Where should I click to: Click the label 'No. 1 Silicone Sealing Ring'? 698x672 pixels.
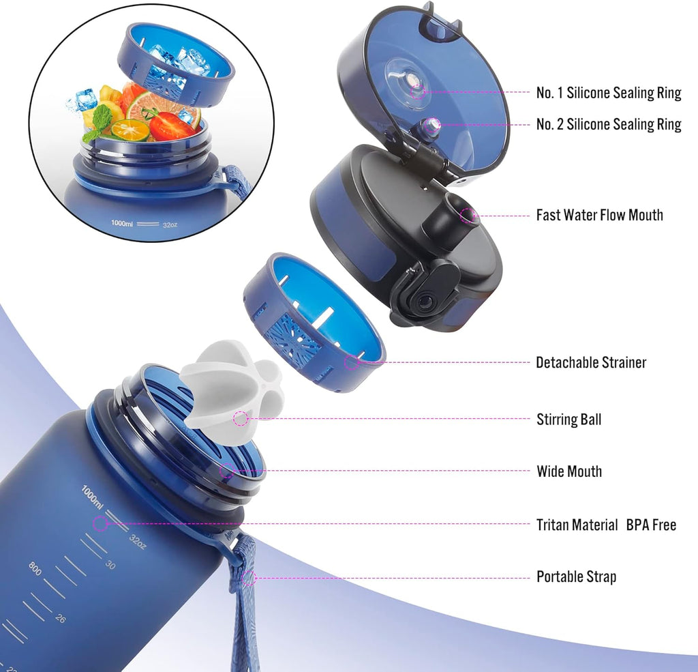click(x=609, y=93)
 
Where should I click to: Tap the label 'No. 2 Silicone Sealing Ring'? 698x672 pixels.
click(x=609, y=124)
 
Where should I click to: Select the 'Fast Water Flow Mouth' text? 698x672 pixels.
click(x=599, y=215)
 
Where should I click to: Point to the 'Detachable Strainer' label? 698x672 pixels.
click(x=591, y=362)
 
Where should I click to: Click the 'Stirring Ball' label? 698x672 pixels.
click(x=569, y=420)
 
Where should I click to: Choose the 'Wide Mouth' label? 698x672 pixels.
click(x=569, y=471)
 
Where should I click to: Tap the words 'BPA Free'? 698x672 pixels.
click(x=651, y=525)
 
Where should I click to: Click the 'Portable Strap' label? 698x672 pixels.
click(x=577, y=576)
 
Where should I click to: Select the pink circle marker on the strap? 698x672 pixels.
click(x=249, y=578)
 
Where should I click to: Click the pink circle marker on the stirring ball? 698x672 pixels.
click(x=241, y=418)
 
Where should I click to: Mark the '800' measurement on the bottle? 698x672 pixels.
click(x=35, y=568)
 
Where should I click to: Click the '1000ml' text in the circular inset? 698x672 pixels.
click(x=122, y=223)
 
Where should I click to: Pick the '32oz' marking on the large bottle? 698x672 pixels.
click(x=137, y=542)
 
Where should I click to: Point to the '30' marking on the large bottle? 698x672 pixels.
click(x=110, y=565)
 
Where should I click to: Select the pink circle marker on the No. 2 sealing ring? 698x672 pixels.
click(x=431, y=126)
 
